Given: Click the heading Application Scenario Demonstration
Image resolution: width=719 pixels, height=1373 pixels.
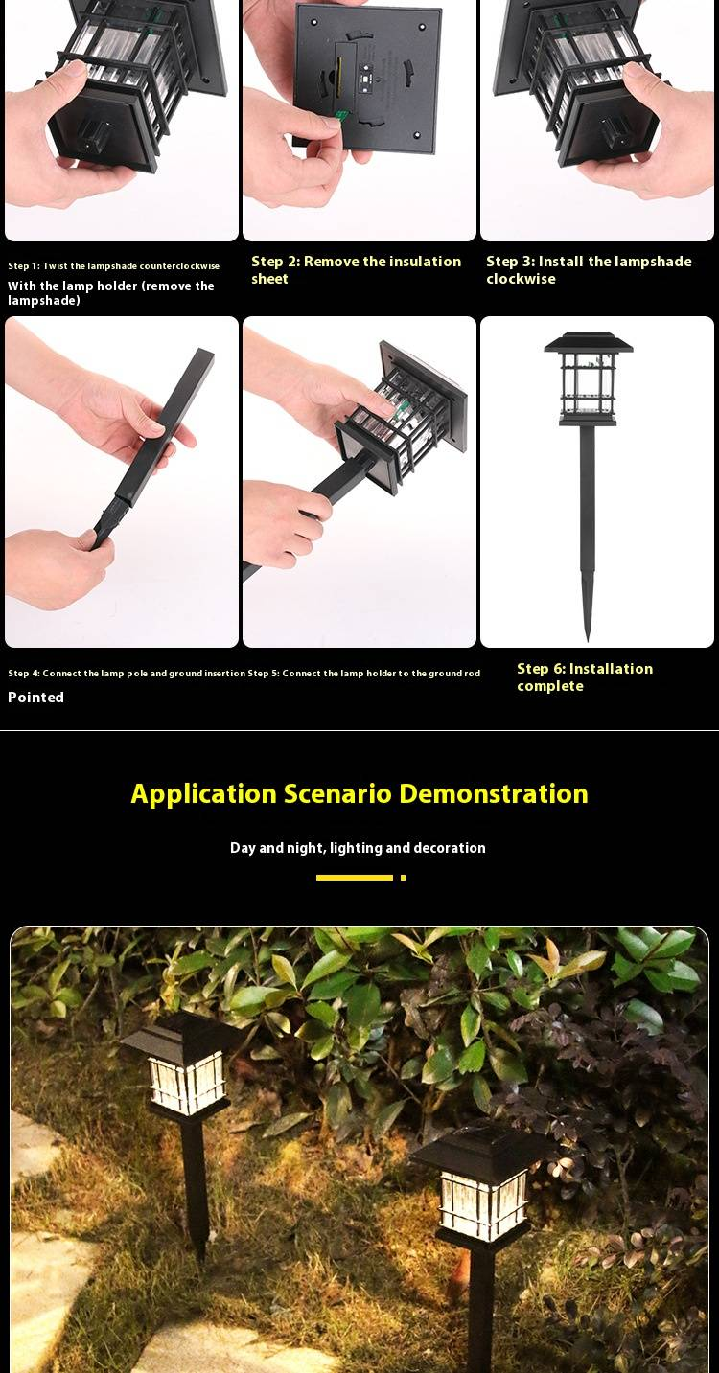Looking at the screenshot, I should (359, 794).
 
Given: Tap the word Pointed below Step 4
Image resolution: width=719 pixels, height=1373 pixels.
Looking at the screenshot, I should (36, 698).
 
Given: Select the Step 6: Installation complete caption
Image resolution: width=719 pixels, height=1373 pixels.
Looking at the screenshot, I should (584, 677).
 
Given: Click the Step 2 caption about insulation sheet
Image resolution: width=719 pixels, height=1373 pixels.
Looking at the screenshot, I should (356, 270).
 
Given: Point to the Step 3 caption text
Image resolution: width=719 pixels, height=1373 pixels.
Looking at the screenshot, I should (588, 270).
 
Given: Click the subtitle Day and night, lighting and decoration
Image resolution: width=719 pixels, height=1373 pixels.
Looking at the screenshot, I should (358, 848).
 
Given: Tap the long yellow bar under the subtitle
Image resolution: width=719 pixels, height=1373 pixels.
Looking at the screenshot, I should (354, 877).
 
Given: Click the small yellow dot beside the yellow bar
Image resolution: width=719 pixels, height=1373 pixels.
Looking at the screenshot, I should (403, 877).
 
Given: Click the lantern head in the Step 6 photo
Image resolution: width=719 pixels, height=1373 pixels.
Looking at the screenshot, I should (588, 378).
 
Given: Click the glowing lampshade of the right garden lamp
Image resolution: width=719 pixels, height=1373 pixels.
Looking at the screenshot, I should (483, 1204).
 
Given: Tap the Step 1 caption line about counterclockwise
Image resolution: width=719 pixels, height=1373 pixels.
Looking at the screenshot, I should (113, 266).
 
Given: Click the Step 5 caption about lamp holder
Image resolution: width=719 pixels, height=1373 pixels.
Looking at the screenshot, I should (364, 674).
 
